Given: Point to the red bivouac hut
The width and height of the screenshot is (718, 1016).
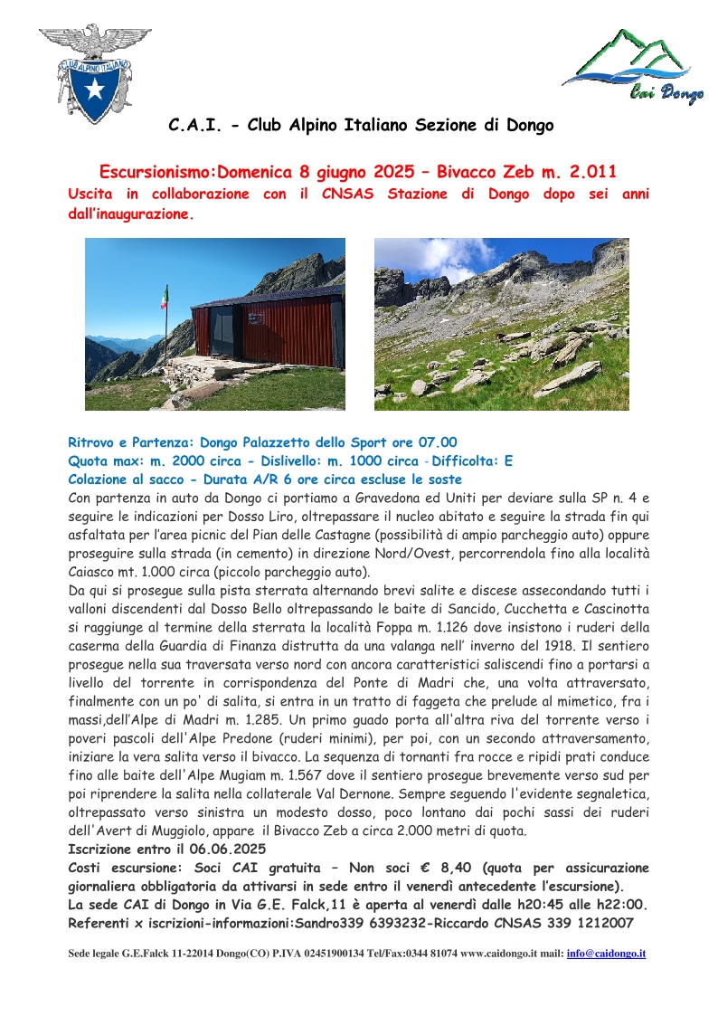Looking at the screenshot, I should coord(267,330).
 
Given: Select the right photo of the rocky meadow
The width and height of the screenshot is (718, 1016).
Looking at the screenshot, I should coord(501,324).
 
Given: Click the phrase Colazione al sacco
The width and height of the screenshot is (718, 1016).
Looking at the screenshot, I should coord(127,480).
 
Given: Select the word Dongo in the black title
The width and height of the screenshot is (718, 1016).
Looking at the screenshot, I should coord(522,126).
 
